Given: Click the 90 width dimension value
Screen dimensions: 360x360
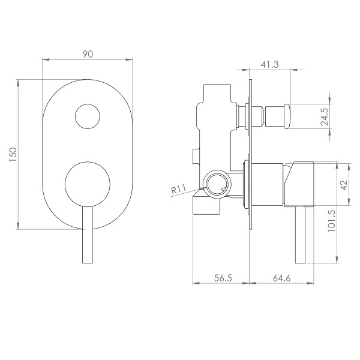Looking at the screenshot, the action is click(88, 54).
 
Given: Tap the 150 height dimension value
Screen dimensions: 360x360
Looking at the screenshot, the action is click(13, 155).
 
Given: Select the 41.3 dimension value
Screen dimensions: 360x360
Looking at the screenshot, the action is click(269, 65).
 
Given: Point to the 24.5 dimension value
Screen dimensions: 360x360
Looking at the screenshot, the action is click(325, 116).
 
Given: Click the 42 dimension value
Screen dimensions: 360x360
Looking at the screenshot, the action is click(344, 185).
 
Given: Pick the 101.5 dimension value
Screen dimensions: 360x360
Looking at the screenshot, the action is click(332, 221).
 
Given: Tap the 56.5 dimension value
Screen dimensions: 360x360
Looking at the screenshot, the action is click(223, 278).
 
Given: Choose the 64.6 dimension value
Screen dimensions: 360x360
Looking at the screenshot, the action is click(281, 278).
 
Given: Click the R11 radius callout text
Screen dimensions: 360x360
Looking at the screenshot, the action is click(179, 190).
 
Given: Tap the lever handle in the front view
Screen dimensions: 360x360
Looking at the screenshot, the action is click(88, 234).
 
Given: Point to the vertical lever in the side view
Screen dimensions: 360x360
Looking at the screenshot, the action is click(301, 235).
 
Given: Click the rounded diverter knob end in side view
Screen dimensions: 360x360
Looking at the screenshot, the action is click(287, 116).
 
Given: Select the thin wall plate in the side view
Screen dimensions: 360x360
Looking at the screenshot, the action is click(250, 154).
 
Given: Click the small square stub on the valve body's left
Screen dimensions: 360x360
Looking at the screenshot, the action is click(196, 157).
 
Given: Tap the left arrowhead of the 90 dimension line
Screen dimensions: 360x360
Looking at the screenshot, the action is click(46, 59).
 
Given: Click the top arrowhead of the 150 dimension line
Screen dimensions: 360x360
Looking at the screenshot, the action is click(18, 83).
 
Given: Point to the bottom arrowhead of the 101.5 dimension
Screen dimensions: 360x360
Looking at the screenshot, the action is click(337, 260).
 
